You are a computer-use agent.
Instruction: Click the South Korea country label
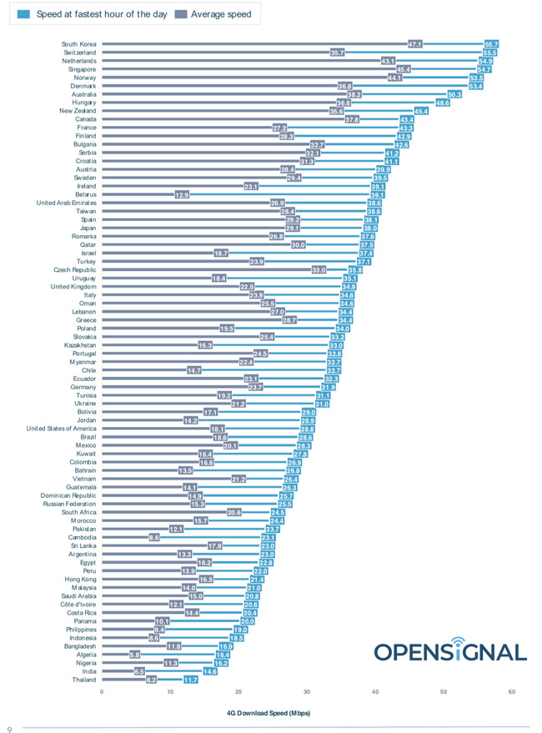coord(79,44)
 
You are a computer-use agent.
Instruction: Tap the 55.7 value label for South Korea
coord(491,44)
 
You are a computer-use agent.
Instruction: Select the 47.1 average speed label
coord(415,44)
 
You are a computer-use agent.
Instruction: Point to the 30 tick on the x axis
coord(307,691)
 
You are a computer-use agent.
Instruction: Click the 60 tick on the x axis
coord(512,691)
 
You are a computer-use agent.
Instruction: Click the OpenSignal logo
coord(449,652)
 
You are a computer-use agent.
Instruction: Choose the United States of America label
coord(62,429)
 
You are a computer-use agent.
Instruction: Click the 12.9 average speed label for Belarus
coord(182,195)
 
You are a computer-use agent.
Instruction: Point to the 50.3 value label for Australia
coord(454,94)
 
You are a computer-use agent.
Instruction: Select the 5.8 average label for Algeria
coord(135,655)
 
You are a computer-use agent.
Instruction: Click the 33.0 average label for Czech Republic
coord(319,270)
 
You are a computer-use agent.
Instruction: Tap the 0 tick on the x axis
coord(102,691)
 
